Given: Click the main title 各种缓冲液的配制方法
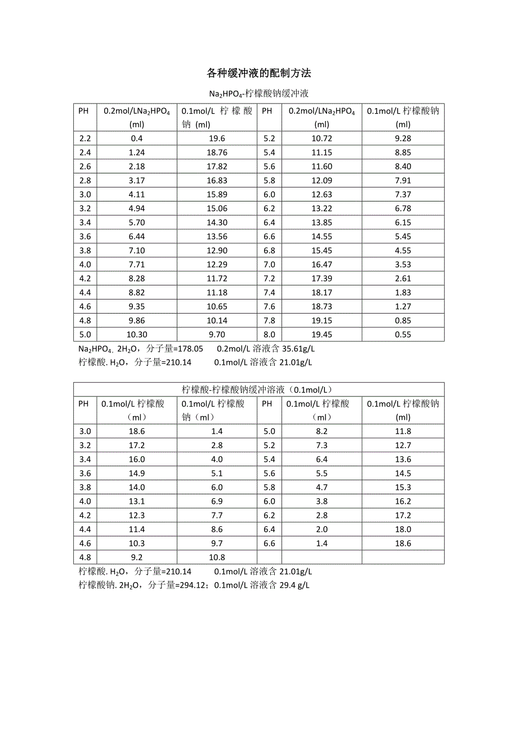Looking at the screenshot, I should point(259,73).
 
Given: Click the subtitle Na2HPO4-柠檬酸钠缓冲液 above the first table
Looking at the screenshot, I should point(258,93).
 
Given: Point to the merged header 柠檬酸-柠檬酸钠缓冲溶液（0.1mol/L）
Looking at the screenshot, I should point(258,390).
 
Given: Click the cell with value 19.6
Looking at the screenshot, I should point(216,138).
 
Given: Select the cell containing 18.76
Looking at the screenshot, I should point(216,153).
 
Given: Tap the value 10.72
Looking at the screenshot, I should point(321,138).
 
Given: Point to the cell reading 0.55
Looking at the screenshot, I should point(403,334).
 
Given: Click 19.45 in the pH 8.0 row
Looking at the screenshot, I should point(321,334).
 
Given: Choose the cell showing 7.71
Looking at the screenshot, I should point(136,265).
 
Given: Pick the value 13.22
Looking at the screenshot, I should point(321,208).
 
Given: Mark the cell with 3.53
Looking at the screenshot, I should point(403,265).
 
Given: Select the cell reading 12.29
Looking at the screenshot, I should point(216,265).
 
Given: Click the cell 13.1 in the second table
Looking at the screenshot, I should point(136,501).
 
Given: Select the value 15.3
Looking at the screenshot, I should point(403,487).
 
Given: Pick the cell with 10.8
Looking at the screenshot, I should point(216,557).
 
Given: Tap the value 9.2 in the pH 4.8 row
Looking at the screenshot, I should point(136,557).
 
